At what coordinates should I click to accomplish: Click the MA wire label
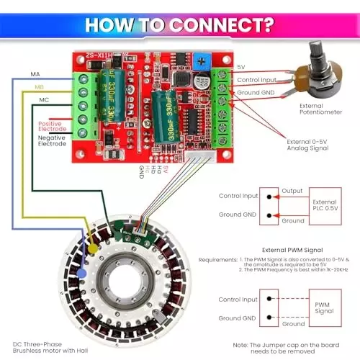35,74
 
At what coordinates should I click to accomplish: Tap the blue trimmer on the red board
204,68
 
